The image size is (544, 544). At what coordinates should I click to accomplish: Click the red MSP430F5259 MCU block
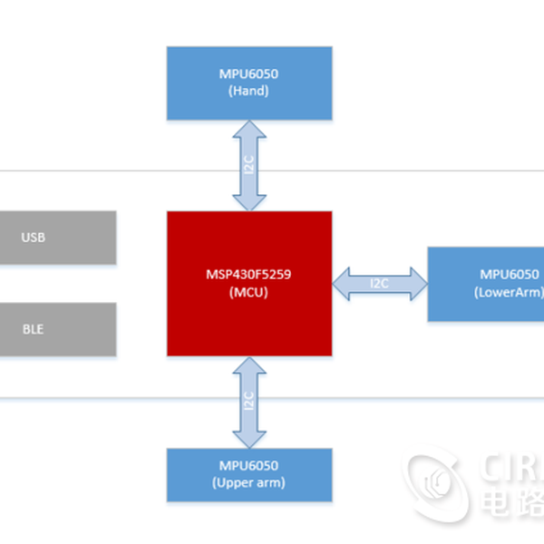click(x=249, y=283)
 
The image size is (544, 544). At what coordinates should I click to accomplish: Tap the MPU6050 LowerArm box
click(x=487, y=283)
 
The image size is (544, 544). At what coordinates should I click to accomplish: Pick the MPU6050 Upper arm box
click(x=249, y=474)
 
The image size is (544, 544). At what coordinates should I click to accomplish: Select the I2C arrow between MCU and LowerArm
click(x=380, y=283)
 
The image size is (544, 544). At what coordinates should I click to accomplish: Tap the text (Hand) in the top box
click(x=249, y=92)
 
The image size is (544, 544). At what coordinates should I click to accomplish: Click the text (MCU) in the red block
click(x=249, y=293)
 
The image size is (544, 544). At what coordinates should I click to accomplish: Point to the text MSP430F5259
click(x=249, y=274)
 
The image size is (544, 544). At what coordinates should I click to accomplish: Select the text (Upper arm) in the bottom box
click(x=249, y=482)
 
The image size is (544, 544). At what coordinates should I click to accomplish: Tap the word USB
click(x=34, y=238)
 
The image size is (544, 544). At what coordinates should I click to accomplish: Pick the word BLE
click(x=33, y=329)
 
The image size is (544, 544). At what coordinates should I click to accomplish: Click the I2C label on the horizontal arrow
click(x=380, y=283)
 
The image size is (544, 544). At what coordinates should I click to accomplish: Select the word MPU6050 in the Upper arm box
click(x=249, y=466)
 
